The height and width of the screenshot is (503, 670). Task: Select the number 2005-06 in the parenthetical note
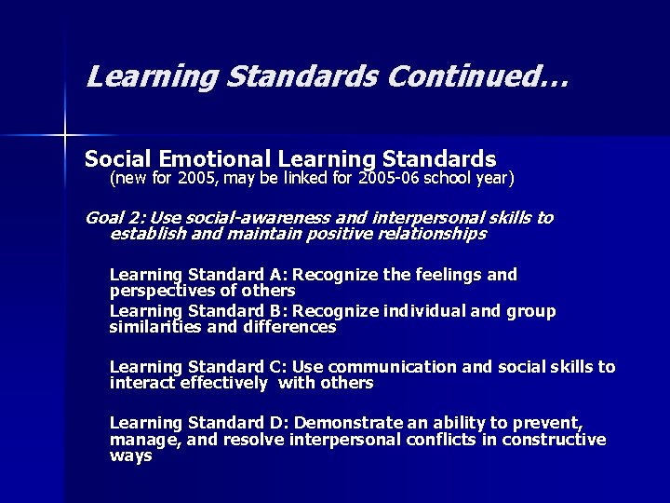(x=395, y=176)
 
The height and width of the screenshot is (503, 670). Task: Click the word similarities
(x=154, y=327)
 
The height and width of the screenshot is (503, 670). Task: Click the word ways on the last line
(x=130, y=455)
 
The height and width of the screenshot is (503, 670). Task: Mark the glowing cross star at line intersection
(x=66, y=135)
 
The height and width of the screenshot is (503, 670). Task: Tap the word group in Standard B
(x=532, y=311)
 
